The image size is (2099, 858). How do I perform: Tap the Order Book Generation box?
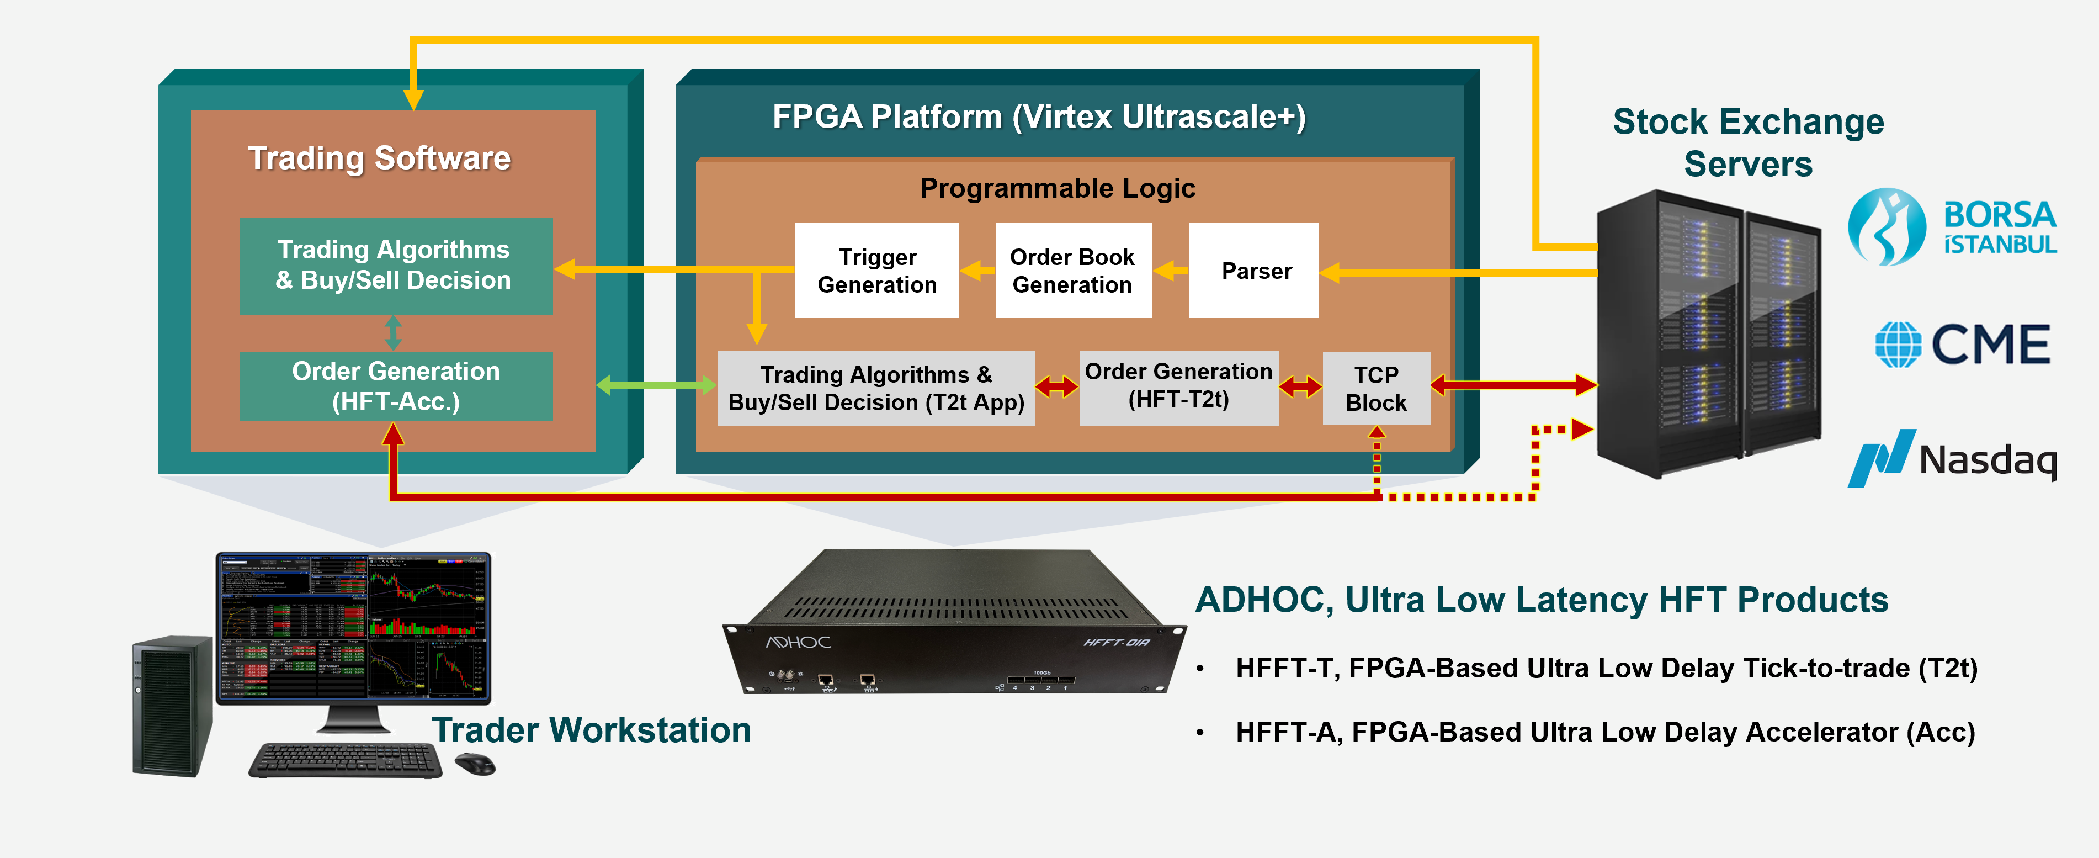[1072, 271]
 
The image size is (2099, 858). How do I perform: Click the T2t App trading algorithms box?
[875, 388]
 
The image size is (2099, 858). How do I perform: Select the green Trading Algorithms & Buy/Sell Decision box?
[396, 266]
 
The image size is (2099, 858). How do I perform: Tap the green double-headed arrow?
[656, 385]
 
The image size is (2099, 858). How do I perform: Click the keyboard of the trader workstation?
[346, 760]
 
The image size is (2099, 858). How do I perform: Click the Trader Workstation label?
[591, 730]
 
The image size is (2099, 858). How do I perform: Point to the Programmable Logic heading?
[1057, 188]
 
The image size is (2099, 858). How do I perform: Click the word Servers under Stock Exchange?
[1748, 164]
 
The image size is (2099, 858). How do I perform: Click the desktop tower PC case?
[172, 706]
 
